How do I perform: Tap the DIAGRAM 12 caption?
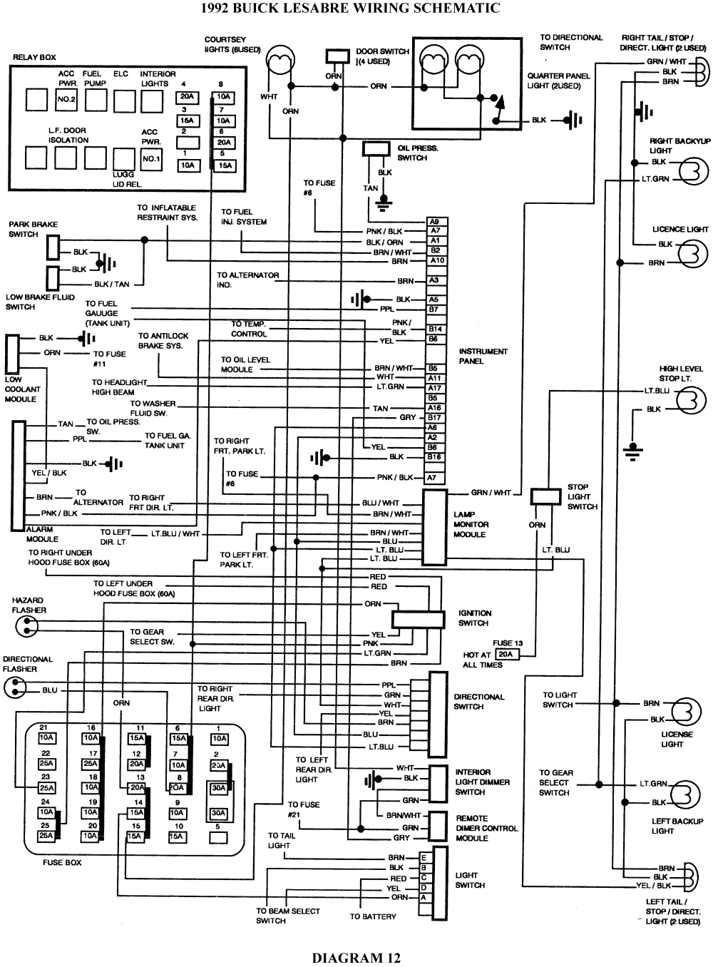pos(356,957)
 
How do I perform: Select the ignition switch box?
pos(418,619)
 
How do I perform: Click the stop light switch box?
pos(546,497)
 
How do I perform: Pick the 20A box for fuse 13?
pos(505,654)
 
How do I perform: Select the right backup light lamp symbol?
pos(692,170)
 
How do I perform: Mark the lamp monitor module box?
pos(435,527)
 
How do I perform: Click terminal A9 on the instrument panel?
pos(435,221)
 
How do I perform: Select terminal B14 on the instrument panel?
pos(435,329)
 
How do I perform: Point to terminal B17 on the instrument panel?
pos(434,417)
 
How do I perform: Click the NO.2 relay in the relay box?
pos(66,99)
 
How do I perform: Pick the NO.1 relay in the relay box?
pos(151,158)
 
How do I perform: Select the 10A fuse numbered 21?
pos(46,737)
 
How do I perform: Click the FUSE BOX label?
pos(62,862)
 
